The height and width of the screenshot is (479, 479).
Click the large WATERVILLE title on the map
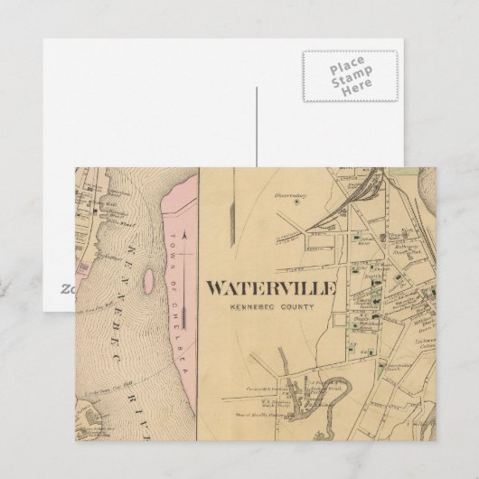coord(271,289)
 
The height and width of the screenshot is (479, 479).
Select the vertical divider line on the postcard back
coord(257,127)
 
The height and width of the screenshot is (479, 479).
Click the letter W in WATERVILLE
coord(217,289)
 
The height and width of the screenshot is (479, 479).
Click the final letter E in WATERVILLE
coord(331,289)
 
